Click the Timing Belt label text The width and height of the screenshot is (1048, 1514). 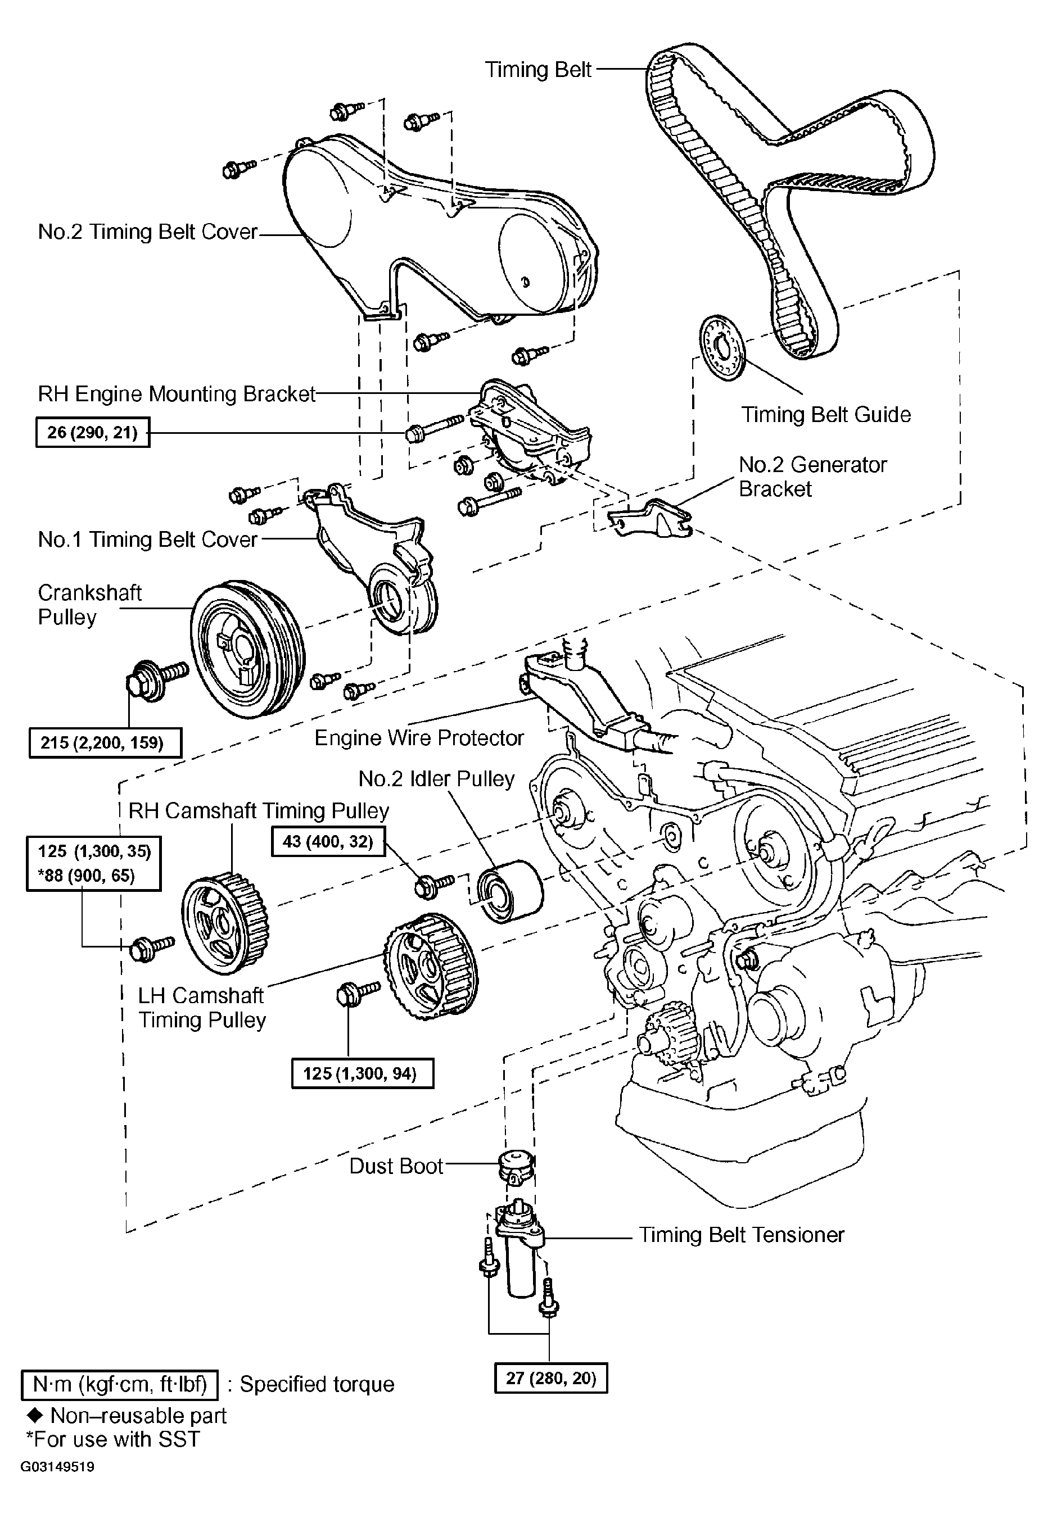[538, 69]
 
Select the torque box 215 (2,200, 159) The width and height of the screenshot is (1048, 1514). [105, 742]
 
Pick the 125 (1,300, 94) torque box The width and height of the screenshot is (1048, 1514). [363, 1073]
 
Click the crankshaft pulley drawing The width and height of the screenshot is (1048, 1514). [248, 649]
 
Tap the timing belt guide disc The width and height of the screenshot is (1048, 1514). [724, 347]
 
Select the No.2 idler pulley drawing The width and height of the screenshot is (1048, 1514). [509, 892]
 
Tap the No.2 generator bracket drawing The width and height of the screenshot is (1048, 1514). [651, 519]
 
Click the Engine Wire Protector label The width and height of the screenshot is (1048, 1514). [419, 738]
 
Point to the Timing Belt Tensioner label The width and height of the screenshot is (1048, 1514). [742, 1235]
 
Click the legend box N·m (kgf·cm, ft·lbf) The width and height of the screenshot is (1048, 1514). [120, 1384]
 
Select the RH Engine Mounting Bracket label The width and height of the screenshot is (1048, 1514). [177, 394]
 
